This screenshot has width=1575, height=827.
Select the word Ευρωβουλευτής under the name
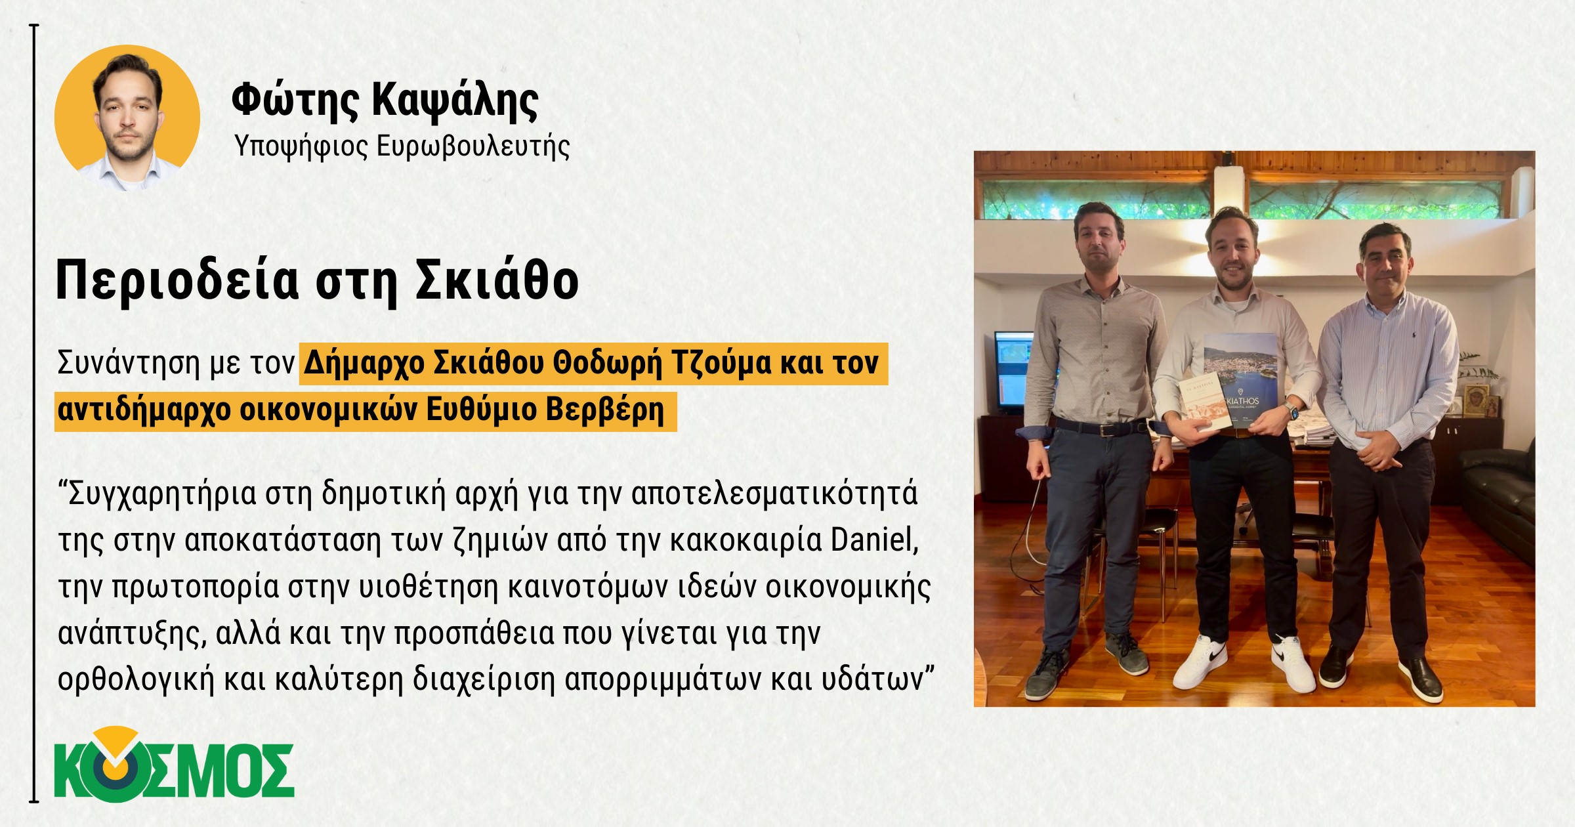tap(473, 146)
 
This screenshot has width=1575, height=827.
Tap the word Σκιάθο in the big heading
tap(498, 280)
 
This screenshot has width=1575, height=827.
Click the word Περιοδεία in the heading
tap(177, 281)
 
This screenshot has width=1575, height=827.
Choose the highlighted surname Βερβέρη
tap(605, 410)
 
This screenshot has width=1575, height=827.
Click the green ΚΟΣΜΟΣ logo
tap(174, 765)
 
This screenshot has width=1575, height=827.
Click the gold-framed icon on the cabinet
tap(1476, 400)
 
